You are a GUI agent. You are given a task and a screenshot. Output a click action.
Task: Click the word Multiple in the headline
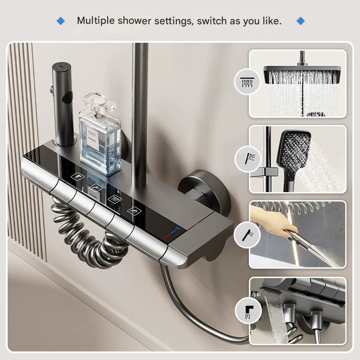pos(95,21)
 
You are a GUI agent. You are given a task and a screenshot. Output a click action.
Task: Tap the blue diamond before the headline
pos(61,21)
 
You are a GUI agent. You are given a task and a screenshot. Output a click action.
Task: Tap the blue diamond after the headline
pos(301,21)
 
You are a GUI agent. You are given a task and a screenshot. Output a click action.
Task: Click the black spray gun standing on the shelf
pos(63,103)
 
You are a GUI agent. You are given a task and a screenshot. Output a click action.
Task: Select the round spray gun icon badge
pos(247,234)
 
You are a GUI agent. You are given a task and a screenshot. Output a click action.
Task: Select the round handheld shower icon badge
pos(247,158)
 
